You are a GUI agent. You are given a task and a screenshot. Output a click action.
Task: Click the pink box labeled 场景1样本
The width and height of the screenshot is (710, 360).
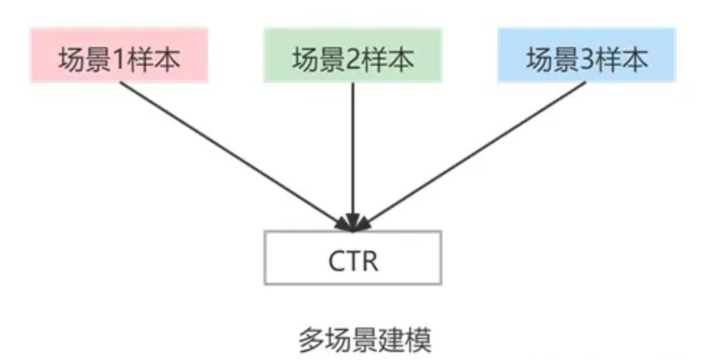[119, 55]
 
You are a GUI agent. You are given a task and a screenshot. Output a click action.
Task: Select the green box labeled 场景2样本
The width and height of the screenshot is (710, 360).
[353, 55]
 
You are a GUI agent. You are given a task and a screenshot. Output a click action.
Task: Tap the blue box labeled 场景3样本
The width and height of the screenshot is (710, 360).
[586, 55]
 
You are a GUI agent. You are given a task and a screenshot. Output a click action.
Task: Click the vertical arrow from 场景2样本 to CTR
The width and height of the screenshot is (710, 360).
[353, 152]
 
